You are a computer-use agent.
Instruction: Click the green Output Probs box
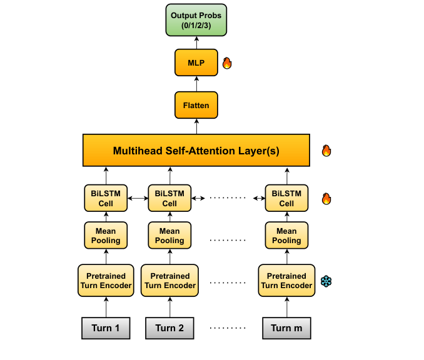click(x=196, y=20)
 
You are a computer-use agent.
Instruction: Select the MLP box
click(x=196, y=62)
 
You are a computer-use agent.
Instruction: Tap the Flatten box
click(x=196, y=105)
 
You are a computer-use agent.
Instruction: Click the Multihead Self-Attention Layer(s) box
click(x=196, y=150)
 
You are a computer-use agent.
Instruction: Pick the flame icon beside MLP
click(x=227, y=63)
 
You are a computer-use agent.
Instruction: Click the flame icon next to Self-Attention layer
click(x=326, y=151)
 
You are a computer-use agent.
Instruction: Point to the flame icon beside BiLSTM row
click(x=326, y=199)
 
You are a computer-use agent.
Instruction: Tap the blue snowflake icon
click(x=326, y=281)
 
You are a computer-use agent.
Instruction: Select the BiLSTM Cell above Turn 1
click(x=106, y=198)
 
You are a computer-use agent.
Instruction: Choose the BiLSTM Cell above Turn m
click(x=286, y=198)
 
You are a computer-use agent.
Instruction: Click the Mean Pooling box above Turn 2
click(x=169, y=236)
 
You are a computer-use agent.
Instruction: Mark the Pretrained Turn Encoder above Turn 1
click(x=106, y=281)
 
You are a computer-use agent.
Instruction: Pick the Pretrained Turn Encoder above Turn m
click(x=286, y=281)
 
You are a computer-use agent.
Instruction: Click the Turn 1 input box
click(x=106, y=328)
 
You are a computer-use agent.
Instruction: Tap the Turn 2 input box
click(x=169, y=328)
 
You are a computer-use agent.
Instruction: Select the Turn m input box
click(x=286, y=328)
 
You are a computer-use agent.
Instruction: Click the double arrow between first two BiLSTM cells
click(x=138, y=198)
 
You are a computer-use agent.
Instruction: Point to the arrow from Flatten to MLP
click(x=196, y=84)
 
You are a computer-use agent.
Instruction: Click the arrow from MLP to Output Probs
click(x=196, y=42)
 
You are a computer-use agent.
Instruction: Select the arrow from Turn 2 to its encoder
click(x=170, y=307)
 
